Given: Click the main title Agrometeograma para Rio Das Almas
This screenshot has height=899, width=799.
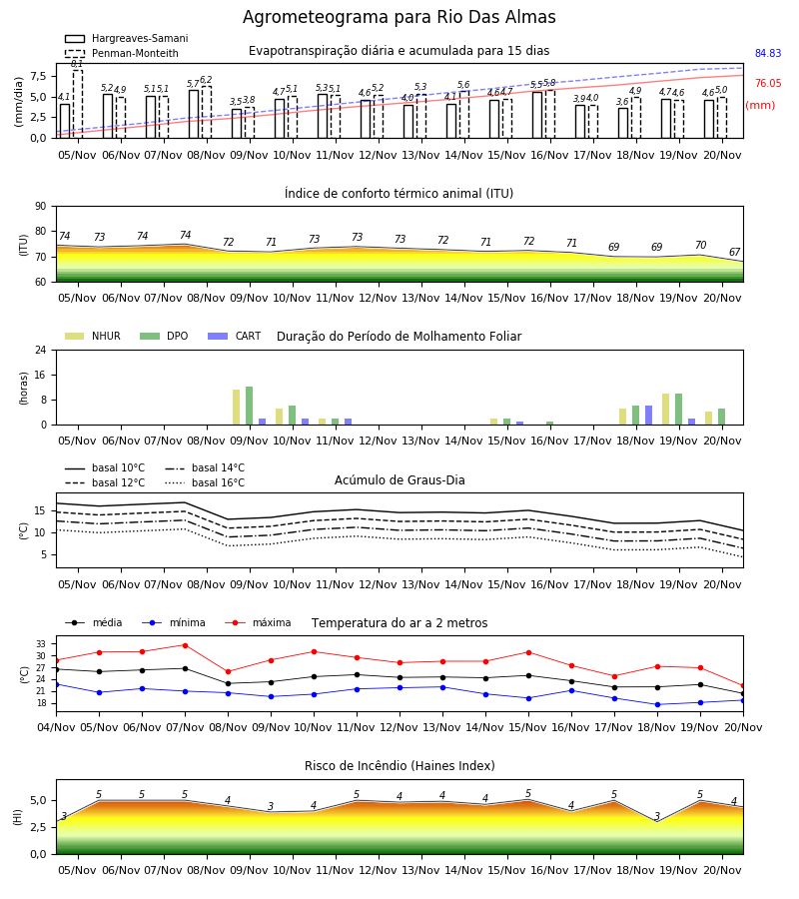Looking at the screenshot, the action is tap(399, 17).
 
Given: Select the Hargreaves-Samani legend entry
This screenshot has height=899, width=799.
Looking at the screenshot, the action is tap(127, 38).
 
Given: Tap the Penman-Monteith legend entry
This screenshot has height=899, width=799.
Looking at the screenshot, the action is tap(122, 53).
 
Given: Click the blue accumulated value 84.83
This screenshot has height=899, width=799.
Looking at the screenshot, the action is tap(768, 53).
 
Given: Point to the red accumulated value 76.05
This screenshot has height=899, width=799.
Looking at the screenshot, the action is tap(768, 83).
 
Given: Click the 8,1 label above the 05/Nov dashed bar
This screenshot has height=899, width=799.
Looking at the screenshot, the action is tap(77, 64).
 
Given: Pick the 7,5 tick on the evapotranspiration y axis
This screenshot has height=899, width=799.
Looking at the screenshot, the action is tap(38, 76).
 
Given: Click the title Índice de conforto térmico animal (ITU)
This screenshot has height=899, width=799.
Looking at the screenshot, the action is tap(399, 193).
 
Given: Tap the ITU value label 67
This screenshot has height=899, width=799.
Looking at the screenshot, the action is tap(734, 253).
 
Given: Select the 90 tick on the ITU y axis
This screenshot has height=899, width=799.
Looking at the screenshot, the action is tap(41, 207).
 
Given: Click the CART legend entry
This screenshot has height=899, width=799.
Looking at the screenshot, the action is tap(235, 336).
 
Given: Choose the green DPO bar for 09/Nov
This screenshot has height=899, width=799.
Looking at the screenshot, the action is tap(250, 406).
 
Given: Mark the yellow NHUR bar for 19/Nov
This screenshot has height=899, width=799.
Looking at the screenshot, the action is tap(665, 410).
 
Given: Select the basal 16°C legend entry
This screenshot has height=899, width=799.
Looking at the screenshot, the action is tap(205, 482).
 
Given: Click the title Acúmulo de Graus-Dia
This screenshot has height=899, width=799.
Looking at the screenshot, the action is tap(399, 480).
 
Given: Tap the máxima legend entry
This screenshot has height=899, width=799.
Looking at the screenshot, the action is tap(258, 622).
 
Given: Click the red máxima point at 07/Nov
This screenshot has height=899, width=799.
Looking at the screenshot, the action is tap(185, 645).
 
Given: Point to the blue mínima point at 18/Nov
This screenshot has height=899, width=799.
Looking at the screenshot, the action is tap(657, 704).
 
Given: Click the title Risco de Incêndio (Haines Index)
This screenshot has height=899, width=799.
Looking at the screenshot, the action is tap(399, 766).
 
